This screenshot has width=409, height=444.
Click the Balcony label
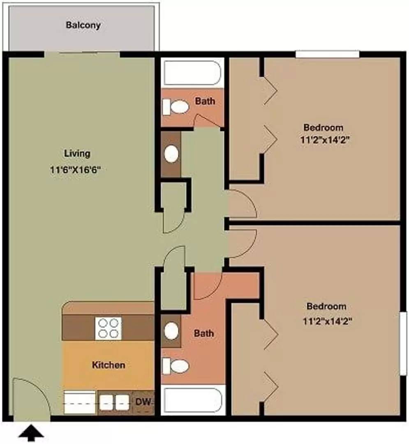pyautogui.click(x=83, y=25)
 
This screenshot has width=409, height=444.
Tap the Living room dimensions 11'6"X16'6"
pyautogui.click(x=76, y=170)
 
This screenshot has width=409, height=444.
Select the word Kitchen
pyautogui.click(x=109, y=365)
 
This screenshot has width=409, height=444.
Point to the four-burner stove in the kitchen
pyautogui.click(x=109, y=328)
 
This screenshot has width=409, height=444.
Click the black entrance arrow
pyautogui.click(x=31, y=433)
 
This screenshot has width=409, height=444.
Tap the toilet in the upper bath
pyautogui.click(x=176, y=107)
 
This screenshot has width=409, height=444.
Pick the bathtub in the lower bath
pyautogui.click(x=193, y=400)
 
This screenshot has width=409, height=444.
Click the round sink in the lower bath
pyautogui.click(x=171, y=331)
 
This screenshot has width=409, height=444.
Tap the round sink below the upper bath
pyautogui.click(x=171, y=154)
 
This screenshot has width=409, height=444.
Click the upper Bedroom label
pyautogui.click(x=323, y=127)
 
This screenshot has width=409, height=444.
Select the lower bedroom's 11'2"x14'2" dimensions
pyautogui.click(x=328, y=321)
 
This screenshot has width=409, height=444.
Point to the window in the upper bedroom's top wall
pyautogui.click(x=328, y=54)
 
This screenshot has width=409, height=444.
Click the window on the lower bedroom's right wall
pyautogui.click(x=403, y=343)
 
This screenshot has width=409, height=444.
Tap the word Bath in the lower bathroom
pyautogui.click(x=203, y=333)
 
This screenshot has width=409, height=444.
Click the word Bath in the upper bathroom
pyautogui.click(x=205, y=101)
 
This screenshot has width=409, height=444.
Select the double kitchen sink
pyautogui.click(x=114, y=402)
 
